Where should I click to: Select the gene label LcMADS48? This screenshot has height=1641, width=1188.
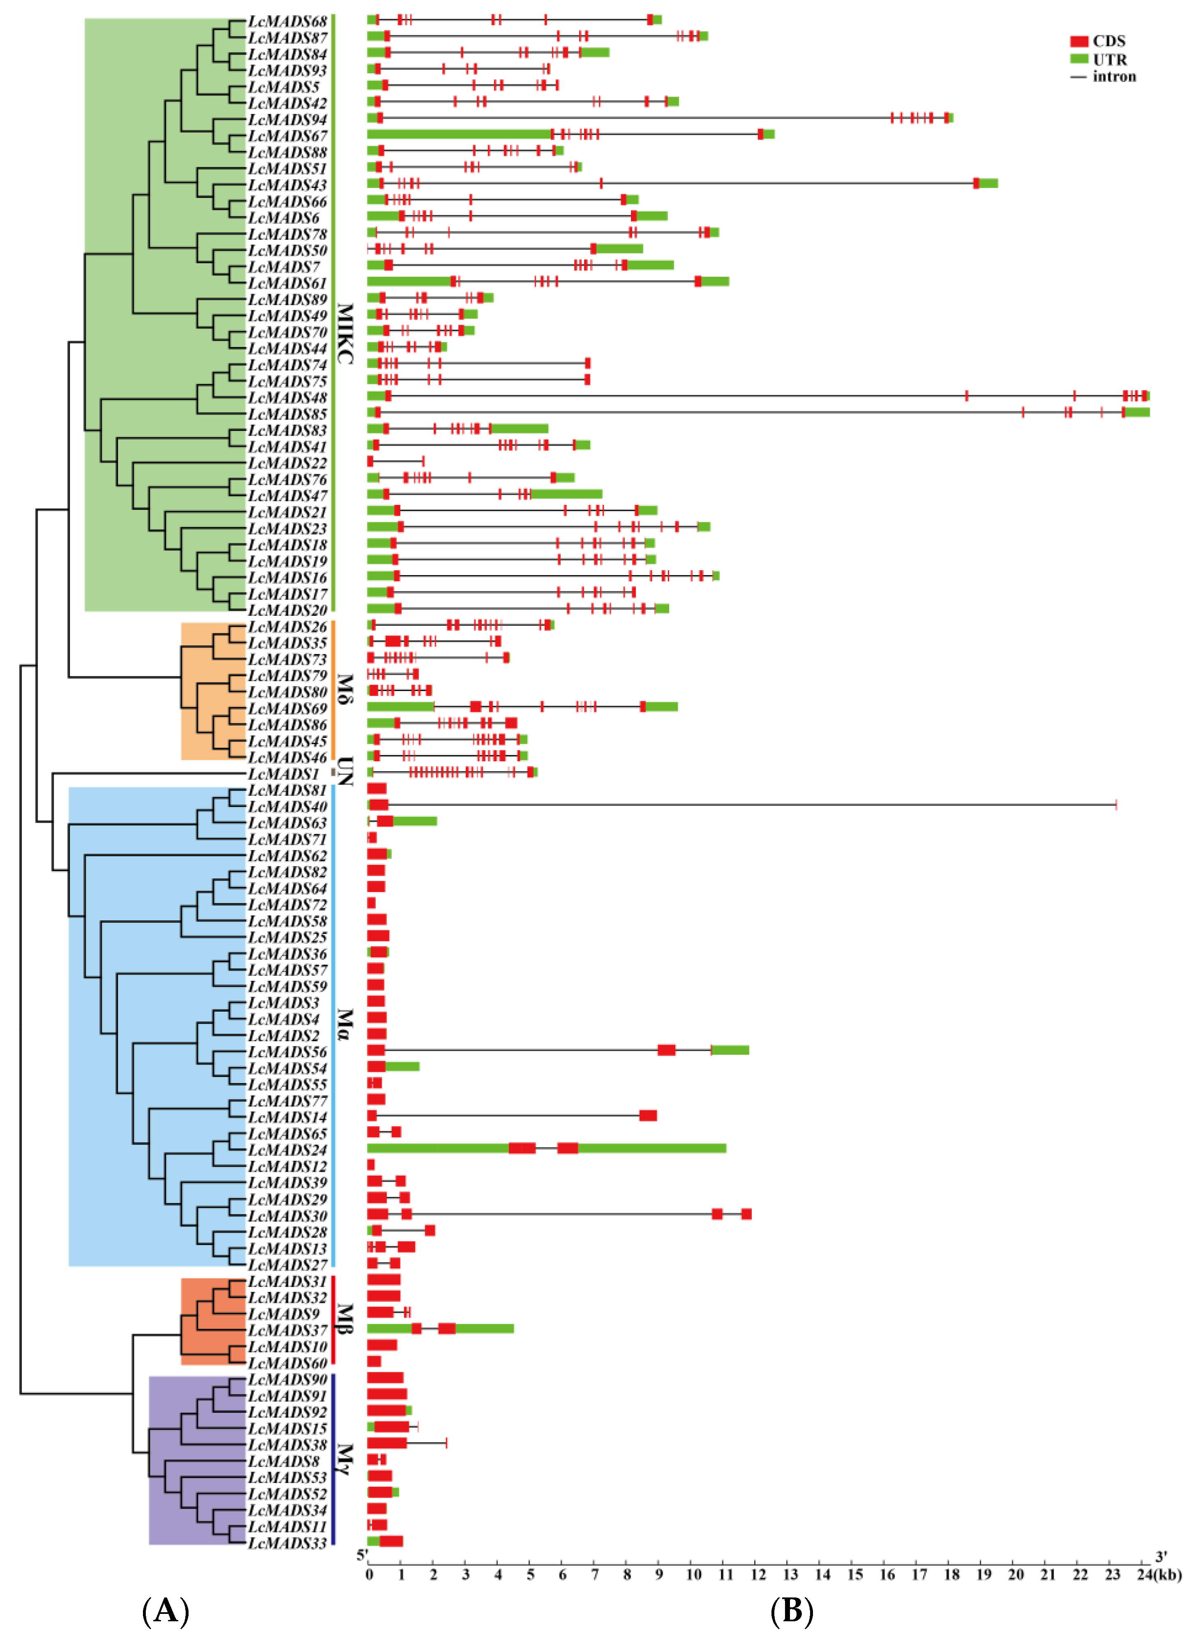[287, 397]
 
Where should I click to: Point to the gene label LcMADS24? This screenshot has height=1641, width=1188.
[287, 1150]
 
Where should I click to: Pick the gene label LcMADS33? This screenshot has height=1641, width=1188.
[287, 1543]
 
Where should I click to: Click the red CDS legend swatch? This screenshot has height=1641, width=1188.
[1079, 41]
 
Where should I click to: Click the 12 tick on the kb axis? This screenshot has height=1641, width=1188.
[757, 1575]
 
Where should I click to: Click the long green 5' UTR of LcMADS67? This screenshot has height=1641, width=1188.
[459, 134]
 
